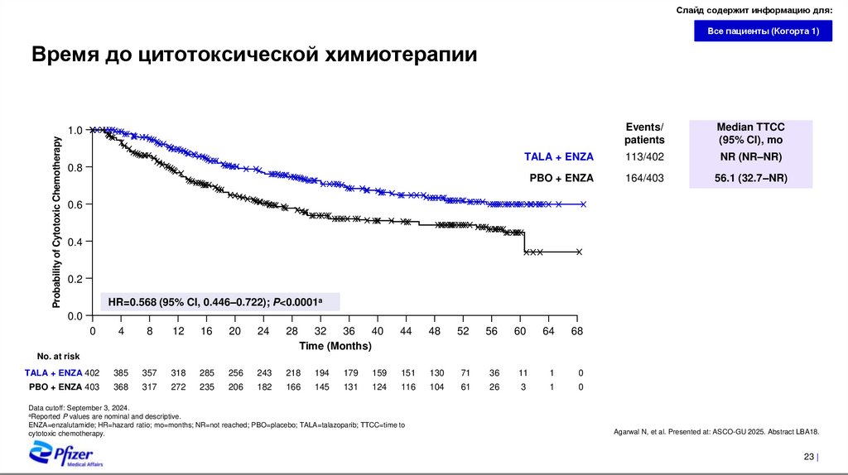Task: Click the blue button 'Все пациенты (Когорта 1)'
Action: (763, 31)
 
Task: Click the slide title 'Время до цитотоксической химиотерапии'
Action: (254, 55)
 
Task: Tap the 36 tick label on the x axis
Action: (349, 331)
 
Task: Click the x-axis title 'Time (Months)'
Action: (335, 345)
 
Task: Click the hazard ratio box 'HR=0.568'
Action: (219, 301)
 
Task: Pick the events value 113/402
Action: (644, 157)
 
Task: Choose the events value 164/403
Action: (644, 178)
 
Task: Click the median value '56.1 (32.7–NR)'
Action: (750, 178)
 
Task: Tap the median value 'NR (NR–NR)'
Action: (750, 157)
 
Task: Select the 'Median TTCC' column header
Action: (750, 132)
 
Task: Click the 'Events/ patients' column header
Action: (644, 132)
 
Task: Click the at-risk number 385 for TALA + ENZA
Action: (121, 372)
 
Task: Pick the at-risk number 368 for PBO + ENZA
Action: (121, 386)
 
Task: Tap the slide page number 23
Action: (808, 458)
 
